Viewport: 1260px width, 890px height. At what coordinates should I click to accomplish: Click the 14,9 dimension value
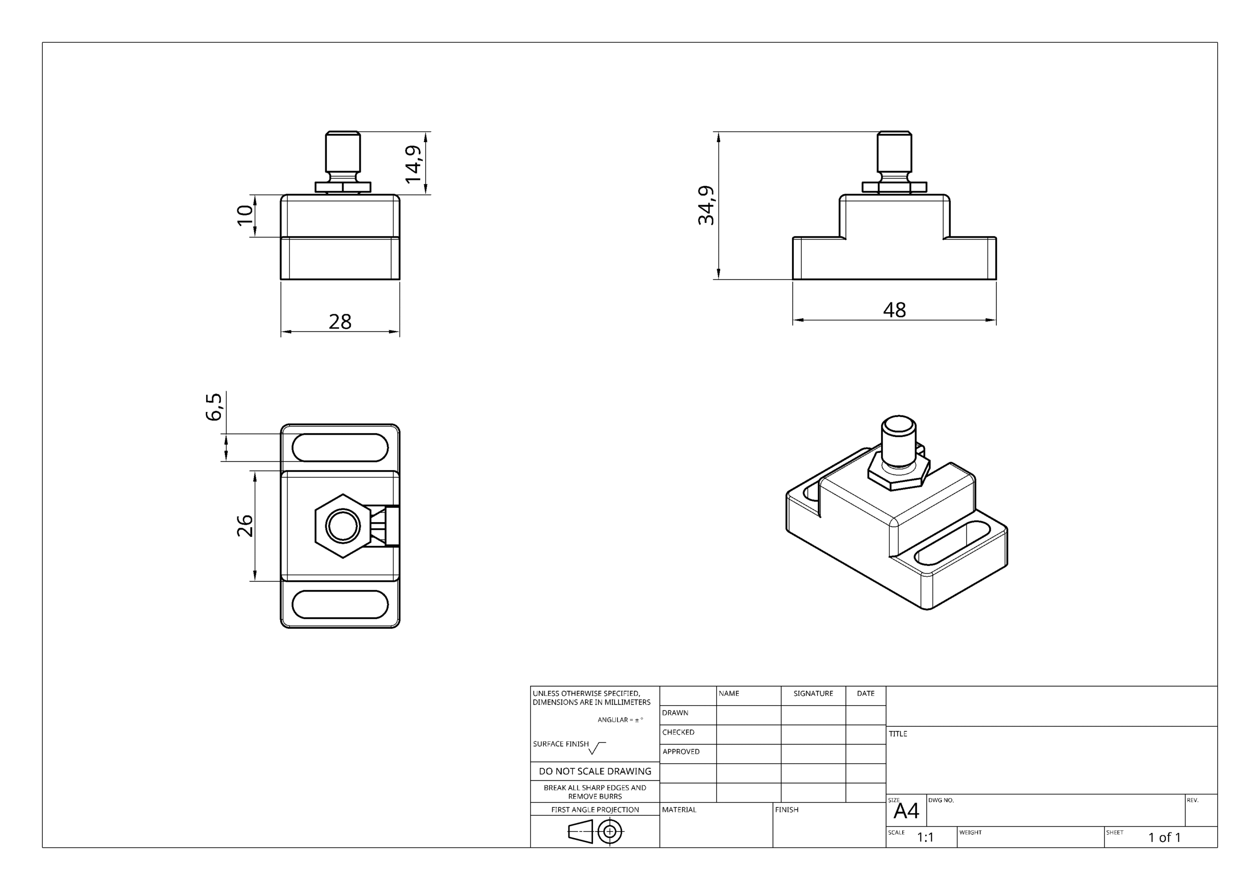pyautogui.click(x=413, y=164)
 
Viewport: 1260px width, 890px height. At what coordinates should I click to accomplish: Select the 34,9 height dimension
pyautogui.click(x=706, y=206)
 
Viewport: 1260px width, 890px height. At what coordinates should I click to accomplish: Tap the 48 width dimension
pyautogui.click(x=894, y=310)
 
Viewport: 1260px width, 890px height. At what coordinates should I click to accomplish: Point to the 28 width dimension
pyautogui.click(x=340, y=322)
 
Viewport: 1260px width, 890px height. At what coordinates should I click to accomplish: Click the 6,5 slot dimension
pyautogui.click(x=214, y=407)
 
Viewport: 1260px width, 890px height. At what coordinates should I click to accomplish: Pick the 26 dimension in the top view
pyautogui.click(x=245, y=526)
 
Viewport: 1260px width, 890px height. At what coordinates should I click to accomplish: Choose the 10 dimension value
pyautogui.click(x=245, y=215)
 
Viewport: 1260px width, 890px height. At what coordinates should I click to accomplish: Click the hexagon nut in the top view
pyautogui.click(x=343, y=526)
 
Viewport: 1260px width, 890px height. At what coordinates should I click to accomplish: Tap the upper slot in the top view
pyautogui.click(x=340, y=447)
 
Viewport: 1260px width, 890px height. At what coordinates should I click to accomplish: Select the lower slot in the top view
pyautogui.click(x=340, y=604)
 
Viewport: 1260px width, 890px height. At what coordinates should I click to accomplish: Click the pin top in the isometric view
pyautogui.click(x=899, y=425)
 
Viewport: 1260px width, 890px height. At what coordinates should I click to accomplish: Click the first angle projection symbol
pyautogui.click(x=596, y=832)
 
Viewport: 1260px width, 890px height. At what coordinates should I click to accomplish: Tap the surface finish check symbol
pyautogui.click(x=597, y=748)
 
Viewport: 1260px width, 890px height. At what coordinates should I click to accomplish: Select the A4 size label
pyautogui.click(x=906, y=811)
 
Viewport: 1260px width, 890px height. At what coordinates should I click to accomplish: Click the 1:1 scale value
pyautogui.click(x=925, y=837)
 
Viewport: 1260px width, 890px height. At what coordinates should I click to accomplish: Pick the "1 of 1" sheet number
pyautogui.click(x=1165, y=837)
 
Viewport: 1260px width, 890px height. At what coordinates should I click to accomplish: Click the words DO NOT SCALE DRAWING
pyautogui.click(x=595, y=771)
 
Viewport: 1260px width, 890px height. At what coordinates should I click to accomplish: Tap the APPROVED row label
pyautogui.click(x=681, y=752)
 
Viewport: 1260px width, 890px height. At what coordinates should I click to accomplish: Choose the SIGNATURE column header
pyautogui.click(x=813, y=694)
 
